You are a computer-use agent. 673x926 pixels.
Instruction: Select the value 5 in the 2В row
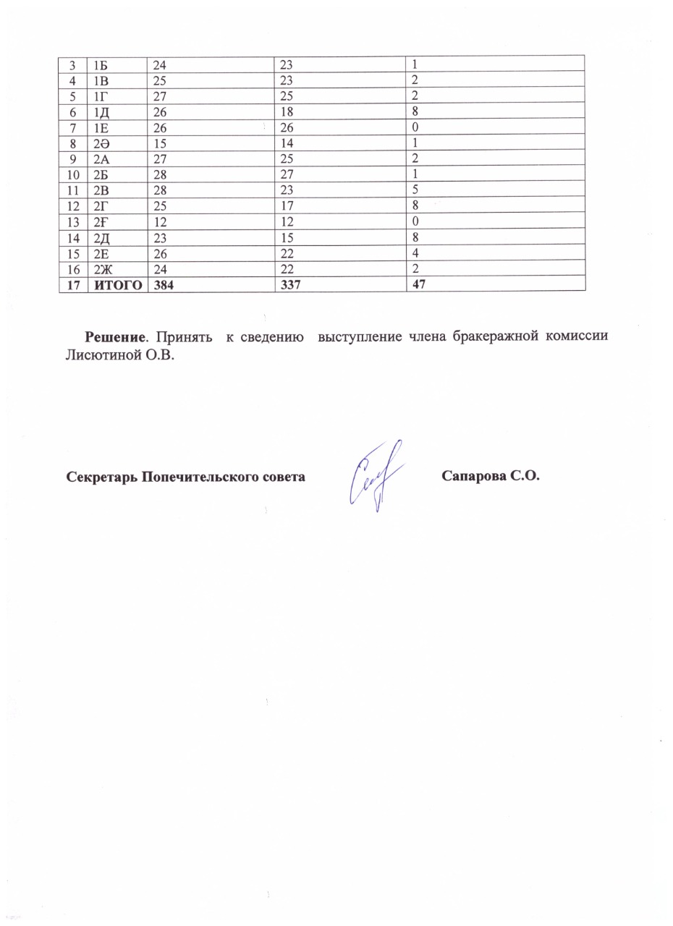click(x=415, y=189)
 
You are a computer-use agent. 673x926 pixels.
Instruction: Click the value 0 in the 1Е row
click(x=415, y=126)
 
